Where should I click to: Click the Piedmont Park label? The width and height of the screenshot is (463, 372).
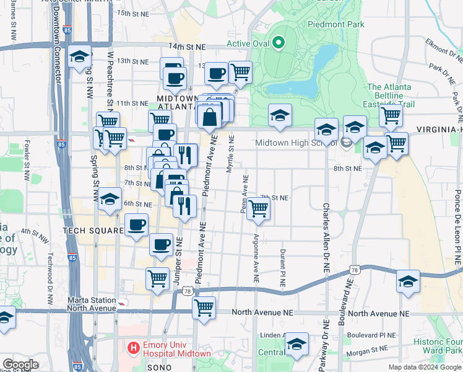tap(336, 24)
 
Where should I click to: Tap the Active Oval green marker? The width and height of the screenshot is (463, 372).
tap(279, 43)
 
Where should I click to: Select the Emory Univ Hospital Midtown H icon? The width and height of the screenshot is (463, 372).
tap(132, 348)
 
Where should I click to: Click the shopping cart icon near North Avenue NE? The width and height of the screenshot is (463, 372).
tap(204, 306)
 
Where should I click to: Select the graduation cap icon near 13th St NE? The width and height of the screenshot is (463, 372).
tap(79, 57)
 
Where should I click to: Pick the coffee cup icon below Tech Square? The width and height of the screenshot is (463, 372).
tap(162, 244)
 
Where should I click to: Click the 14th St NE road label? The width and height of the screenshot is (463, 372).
tap(187, 46)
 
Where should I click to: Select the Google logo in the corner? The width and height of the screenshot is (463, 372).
tap(20, 365)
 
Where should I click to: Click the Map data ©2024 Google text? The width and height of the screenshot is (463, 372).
tap(425, 367)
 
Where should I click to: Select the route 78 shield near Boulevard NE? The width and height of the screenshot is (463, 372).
tap(354, 270)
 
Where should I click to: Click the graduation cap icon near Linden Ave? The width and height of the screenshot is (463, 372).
tap(296, 343)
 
